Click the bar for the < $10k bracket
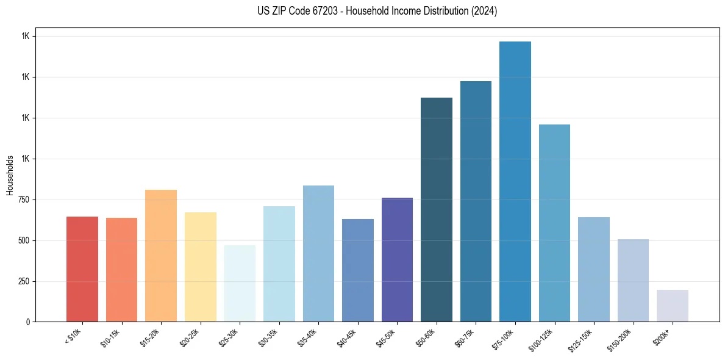click(x=82, y=269)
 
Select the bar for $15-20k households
click(x=161, y=256)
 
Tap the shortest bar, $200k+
click(x=673, y=306)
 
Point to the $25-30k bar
click(x=240, y=283)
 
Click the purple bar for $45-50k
click(x=397, y=259)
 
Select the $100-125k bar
click(x=554, y=223)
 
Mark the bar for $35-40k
click(x=318, y=253)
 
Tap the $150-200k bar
click(x=633, y=280)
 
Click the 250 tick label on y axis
click(x=24, y=282)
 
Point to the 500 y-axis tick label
click(x=24, y=241)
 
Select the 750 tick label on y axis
click(x=24, y=200)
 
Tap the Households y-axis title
click(x=10, y=175)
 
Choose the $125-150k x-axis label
click(x=582, y=337)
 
